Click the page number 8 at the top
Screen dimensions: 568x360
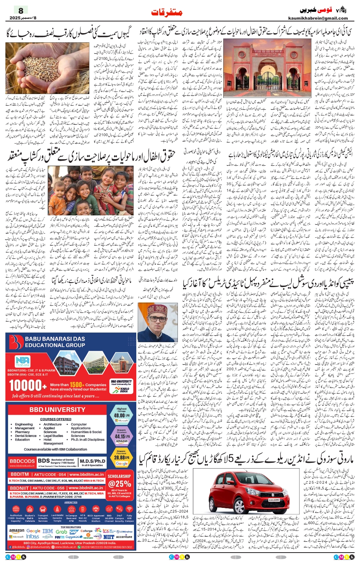tap(21, 10)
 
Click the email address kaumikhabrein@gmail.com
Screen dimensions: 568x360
tap(318, 18)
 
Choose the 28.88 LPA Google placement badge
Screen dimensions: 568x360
tap(121, 457)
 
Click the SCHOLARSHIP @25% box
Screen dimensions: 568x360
tap(119, 484)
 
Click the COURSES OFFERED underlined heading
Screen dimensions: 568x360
tap(56, 419)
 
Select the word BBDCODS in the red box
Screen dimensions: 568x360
tap(22, 461)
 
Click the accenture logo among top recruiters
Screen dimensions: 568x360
tap(124, 536)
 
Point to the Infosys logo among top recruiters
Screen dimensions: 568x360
tap(33, 536)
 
